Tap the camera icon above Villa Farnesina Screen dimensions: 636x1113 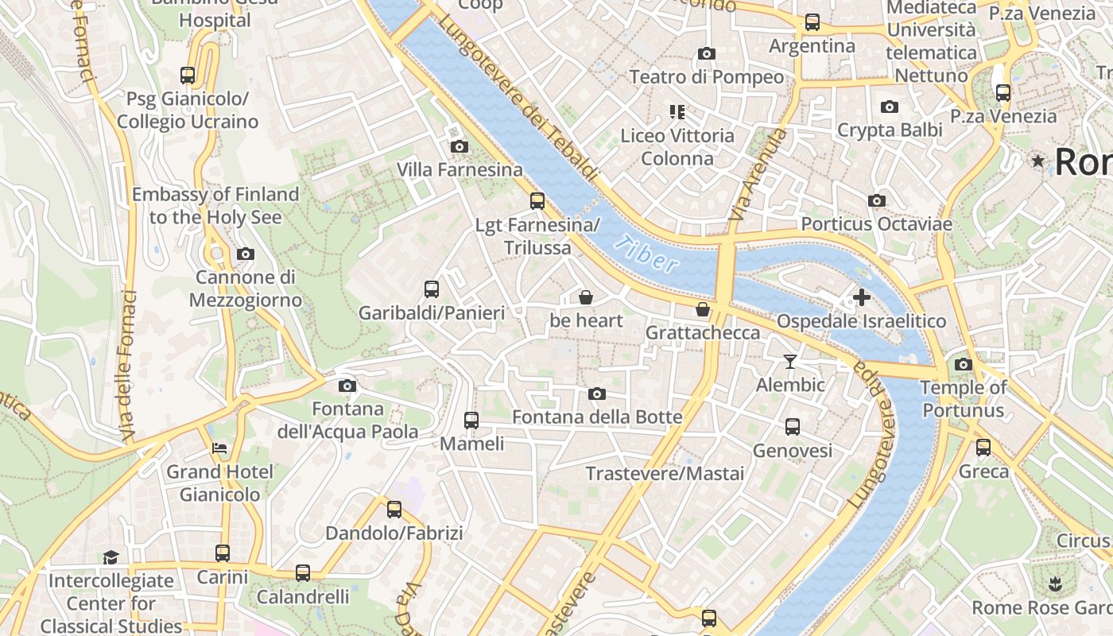tap(459, 146)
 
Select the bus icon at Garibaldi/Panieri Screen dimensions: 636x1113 tap(432, 289)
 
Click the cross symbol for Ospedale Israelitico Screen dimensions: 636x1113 tap(861, 298)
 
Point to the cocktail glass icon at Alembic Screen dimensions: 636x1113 tap(789, 362)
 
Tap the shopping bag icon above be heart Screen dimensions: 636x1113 tap(586, 297)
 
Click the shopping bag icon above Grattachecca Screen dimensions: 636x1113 tap(702, 309)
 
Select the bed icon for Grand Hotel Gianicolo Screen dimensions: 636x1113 tap(219, 448)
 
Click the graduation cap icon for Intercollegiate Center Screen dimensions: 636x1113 tap(111, 557)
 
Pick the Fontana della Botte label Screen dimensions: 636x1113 tap(597, 417)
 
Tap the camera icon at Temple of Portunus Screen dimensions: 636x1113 tap(963, 364)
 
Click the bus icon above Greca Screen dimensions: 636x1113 tap(983, 448)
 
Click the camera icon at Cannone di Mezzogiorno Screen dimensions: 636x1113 tap(246, 254)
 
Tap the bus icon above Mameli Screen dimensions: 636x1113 tap(471, 420)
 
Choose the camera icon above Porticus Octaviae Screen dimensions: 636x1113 tap(876, 200)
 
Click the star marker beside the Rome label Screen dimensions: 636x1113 tap(1037, 161)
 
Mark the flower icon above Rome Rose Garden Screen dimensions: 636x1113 tap(1055, 584)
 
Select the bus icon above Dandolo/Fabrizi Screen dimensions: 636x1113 tap(394, 510)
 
